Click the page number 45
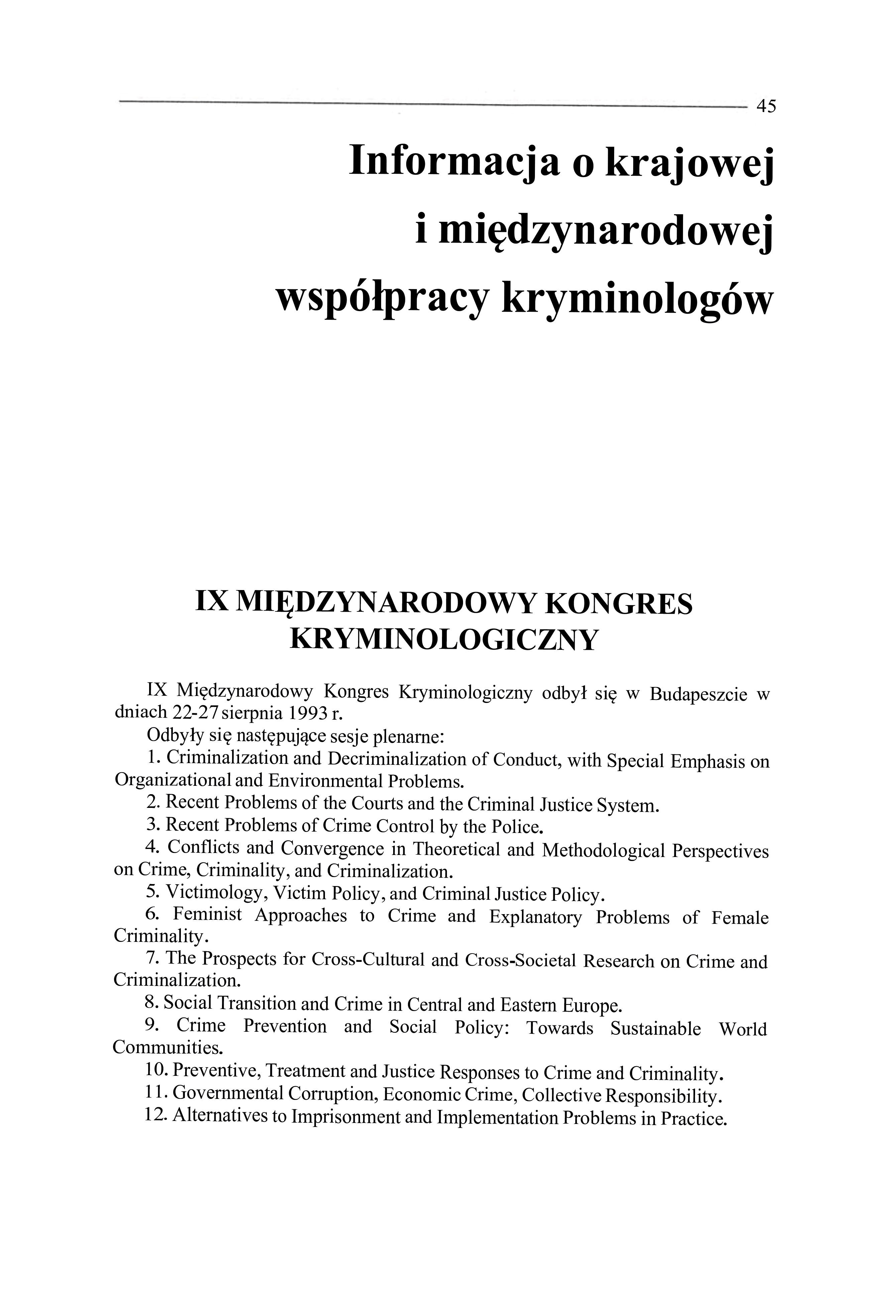click(x=766, y=105)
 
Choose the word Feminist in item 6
click(x=208, y=915)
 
